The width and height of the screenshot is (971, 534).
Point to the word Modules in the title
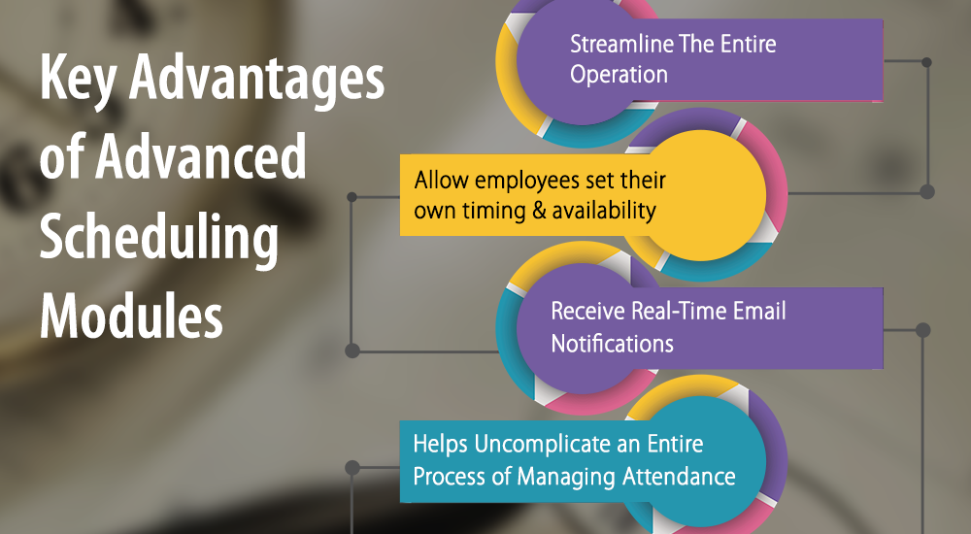click(x=131, y=315)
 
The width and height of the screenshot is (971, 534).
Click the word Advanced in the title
click(x=201, y=155)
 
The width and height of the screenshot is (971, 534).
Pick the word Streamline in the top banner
click(x=621, y=44)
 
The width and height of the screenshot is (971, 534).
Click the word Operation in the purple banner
click(x=619, y=76)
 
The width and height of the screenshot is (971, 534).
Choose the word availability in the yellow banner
click(x=604, y=212)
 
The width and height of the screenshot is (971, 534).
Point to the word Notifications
click(x=612, y=343)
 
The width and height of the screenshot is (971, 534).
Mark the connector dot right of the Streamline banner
click(x=926, y=62)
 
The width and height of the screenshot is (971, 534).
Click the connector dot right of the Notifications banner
click(x=922, y=330)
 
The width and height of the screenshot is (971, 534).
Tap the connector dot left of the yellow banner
click(x=352, y=197)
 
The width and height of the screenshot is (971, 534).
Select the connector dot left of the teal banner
click(x=352, y=468)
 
